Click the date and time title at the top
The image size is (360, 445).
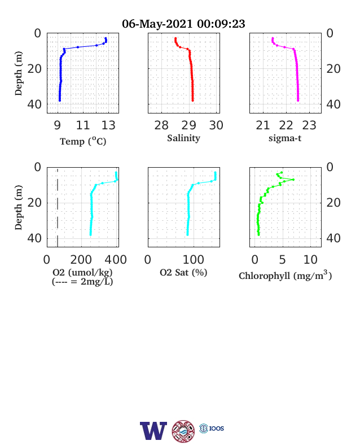coord(183,24)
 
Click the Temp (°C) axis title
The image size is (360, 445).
coord(83,141)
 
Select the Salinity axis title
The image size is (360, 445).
coord(183,138)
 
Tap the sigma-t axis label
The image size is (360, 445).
coord(285,138)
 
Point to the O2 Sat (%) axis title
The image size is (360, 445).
coord(183,272)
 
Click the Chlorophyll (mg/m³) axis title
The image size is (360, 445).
coord(285,275)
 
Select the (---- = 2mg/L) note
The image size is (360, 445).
coord(82,282)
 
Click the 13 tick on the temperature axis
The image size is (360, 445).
coord(108,125)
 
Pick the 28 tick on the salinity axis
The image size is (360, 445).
coord(161,125)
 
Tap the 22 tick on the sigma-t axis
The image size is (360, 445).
coord(286,125)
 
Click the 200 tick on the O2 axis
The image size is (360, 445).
coord(81,260)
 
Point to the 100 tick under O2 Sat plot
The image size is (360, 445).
coord(194,260)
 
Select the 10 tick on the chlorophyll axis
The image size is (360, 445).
coord(310,260)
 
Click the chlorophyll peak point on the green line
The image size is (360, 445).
coord(293,180)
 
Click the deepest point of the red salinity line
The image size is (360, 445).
coord(193,100)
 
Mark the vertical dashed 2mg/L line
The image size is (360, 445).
coord(58,207)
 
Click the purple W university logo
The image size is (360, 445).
coord(153,431)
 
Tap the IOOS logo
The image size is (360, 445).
coord(212,428)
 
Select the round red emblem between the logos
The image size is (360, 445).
coord(183,431)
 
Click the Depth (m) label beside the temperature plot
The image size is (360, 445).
coord(19,73)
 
